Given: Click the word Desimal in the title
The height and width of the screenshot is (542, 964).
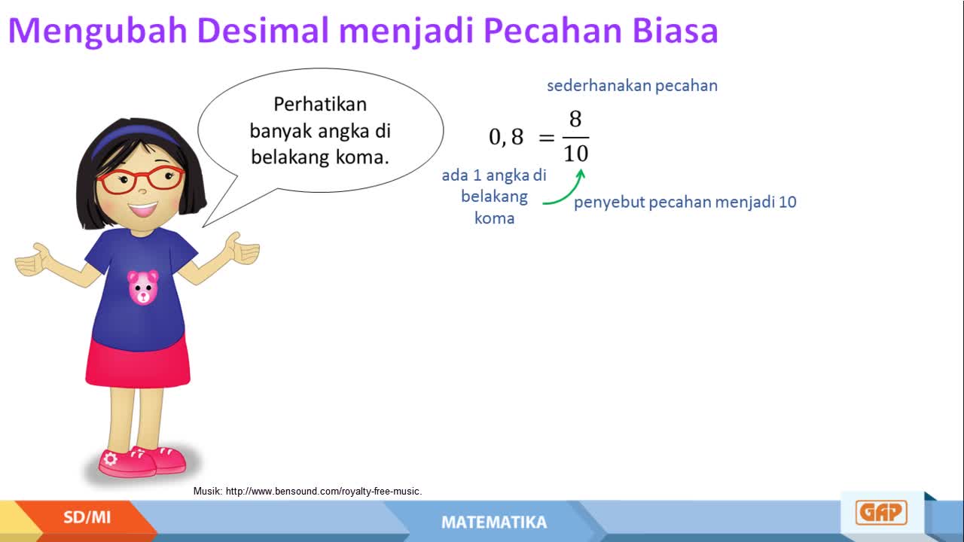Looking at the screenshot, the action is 263,30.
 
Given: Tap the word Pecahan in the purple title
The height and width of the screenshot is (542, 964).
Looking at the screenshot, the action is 552,30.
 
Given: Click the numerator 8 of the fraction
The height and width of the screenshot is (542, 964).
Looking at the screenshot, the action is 575,119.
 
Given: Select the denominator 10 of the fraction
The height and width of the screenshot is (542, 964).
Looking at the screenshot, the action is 576,154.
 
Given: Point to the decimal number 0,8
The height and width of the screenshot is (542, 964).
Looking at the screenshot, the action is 506,137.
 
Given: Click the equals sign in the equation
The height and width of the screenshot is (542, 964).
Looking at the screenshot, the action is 547,138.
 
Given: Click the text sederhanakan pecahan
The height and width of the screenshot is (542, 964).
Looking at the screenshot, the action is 632,86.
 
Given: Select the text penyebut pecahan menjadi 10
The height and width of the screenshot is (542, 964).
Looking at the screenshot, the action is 685,202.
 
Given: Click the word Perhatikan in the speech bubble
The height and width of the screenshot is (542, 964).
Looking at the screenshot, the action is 320,104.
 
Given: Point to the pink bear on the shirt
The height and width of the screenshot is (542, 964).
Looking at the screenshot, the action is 143,288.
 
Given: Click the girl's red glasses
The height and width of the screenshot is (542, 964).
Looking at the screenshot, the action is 141,180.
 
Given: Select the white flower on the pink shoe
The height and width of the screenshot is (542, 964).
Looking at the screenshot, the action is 110,459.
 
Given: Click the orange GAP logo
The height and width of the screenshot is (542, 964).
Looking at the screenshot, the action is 881,513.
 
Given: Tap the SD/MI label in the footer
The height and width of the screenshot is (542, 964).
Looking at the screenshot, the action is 87,517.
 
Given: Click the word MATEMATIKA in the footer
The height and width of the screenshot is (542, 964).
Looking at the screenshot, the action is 494,522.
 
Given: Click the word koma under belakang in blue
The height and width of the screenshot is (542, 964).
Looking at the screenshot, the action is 495,218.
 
